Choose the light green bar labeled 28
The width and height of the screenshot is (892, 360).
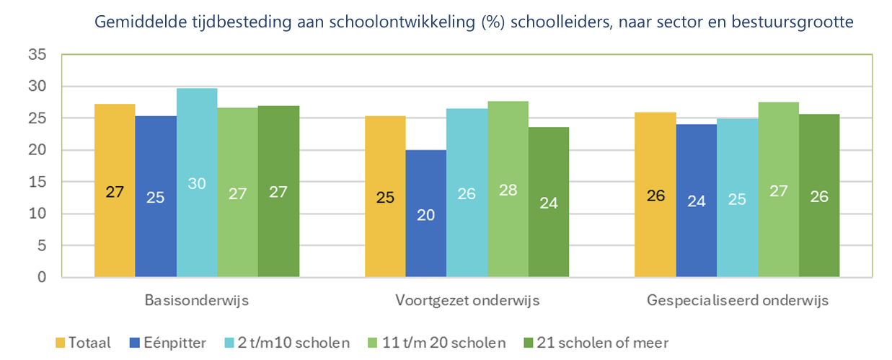click(508, 189)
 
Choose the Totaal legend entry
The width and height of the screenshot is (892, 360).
click(83, 342)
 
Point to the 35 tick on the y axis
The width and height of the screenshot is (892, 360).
click(37, 55)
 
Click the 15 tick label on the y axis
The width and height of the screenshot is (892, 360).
click(37, 183)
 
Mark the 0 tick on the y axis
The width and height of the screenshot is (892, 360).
click(42, 278)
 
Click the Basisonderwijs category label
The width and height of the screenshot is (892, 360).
click(196, 300)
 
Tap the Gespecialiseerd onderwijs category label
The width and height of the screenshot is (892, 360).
click(738, 300)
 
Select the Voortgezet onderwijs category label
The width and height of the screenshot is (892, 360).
click(467, 300)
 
